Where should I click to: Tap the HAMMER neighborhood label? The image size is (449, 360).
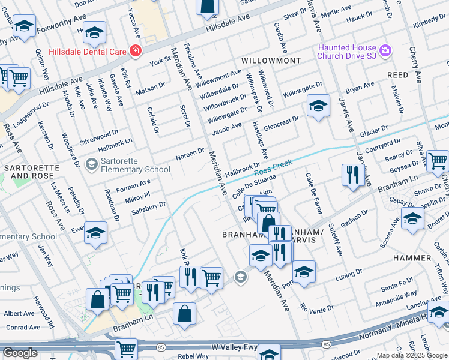click(412, 257)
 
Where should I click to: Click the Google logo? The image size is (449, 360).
click(20, 353)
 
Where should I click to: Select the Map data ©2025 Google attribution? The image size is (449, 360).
click(411, 355)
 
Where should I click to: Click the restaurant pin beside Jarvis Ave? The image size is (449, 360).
click(351, 175)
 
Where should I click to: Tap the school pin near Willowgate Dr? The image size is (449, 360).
click(318, 106)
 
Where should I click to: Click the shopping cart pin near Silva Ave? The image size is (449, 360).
click(438, 160)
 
